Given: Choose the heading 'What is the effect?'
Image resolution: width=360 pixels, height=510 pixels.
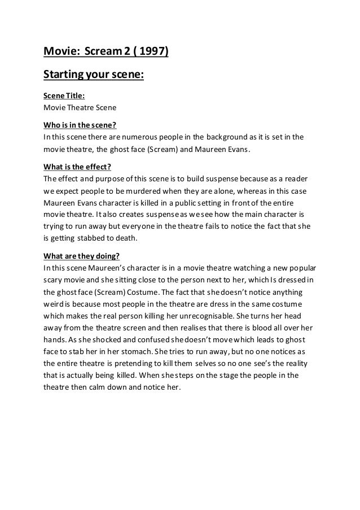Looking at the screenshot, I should pos(77,167).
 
